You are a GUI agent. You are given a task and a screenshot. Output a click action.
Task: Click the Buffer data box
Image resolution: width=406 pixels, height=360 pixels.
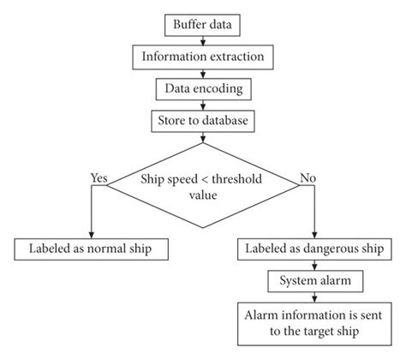[203, 26]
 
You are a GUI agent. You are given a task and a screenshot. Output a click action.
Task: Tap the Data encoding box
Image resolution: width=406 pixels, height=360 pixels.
[203, 88]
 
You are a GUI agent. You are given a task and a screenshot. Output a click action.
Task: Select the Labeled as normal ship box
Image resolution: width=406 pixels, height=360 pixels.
[91, 249]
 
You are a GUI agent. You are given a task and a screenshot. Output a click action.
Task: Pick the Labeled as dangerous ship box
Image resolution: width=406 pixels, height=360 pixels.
[313, 249]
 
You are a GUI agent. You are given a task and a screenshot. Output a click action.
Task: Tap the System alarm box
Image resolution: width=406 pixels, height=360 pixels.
[313, 279]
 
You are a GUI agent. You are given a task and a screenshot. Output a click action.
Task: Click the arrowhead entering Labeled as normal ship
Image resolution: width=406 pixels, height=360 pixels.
[91, 232]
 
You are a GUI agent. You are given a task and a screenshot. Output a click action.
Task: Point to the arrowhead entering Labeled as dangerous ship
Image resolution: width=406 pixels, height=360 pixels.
[313, 232]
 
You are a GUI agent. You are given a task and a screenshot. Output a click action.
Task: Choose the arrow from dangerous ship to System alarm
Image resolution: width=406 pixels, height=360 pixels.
[313, 265]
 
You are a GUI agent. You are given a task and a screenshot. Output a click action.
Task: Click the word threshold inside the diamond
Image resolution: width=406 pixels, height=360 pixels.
[232, 179]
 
